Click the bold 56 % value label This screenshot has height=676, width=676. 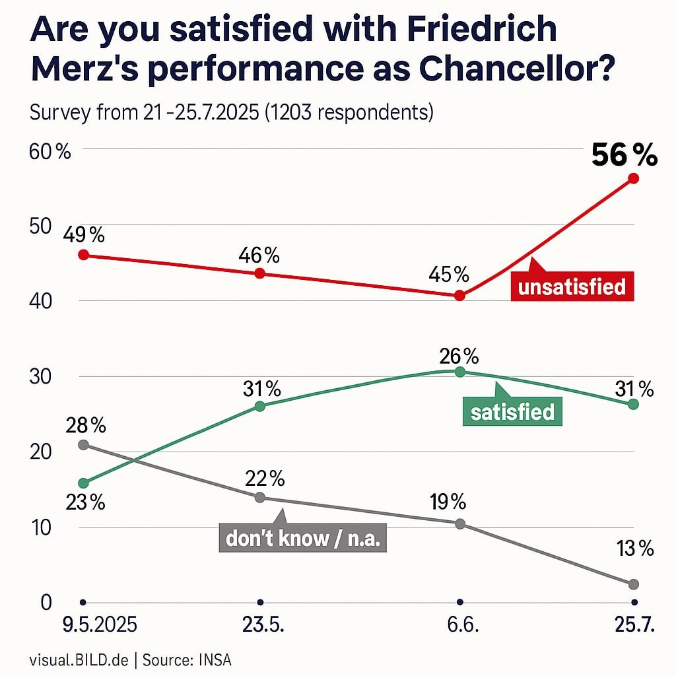(624, 156)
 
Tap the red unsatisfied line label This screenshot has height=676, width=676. (572, 287)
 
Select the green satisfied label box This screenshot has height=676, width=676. (512, 412)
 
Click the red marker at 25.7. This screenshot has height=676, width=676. (634, 178)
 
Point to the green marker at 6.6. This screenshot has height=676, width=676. (460, 372)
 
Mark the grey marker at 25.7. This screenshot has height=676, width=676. (634, 584)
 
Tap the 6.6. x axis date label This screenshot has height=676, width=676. (461, 625)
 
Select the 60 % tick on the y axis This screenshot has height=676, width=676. (50, 152)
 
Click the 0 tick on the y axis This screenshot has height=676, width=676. (46, 602)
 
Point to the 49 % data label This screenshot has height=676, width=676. (84, 234)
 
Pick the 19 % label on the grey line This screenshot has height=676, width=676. (449, 502)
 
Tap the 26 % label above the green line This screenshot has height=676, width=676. (460, 356)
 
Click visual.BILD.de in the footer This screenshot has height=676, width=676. (78, 659)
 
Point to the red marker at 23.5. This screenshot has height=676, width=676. (259, 273)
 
